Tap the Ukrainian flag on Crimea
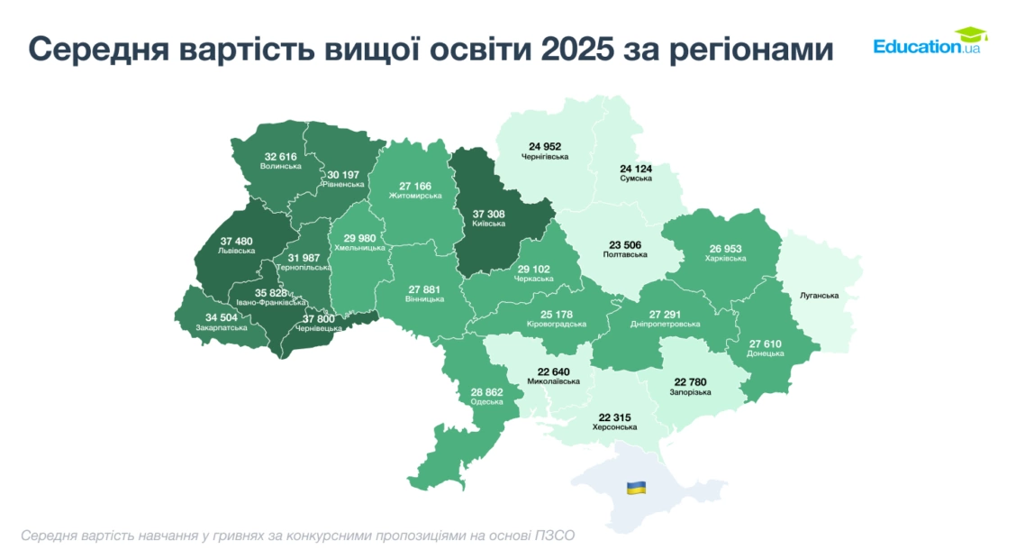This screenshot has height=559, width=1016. pos(636,488)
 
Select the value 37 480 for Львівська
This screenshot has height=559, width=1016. pos(236,241)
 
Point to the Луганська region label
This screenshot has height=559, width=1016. pos(819,296)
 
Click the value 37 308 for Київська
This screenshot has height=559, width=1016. pos(489,214)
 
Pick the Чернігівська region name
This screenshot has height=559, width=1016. pos(545,157)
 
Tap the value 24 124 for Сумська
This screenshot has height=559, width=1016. pos(636,169)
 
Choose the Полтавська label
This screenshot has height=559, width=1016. pos(625,255)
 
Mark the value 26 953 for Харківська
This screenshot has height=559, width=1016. pos(726,248)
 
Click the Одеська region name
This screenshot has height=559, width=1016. pos(487,402)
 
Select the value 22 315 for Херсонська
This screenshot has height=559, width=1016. pos(615,417)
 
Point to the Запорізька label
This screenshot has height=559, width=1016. pos(691,393)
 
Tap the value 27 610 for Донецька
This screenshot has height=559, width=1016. pos(766,344)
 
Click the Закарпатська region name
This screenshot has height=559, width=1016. pos(222,329)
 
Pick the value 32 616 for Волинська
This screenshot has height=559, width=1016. pos(281,156)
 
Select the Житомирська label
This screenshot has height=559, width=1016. pos(415,196)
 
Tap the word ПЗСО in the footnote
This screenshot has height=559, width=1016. pos(554,535)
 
